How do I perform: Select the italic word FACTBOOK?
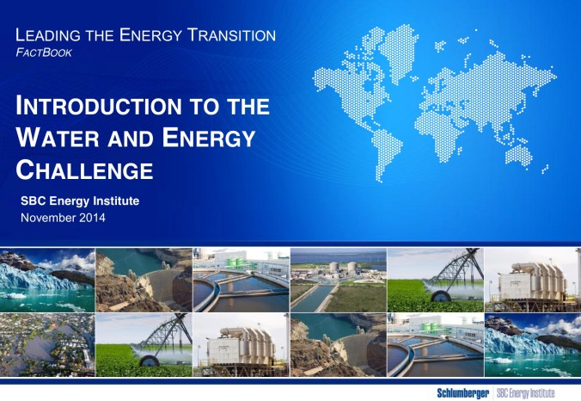pyautogui.click(x=45, y=52)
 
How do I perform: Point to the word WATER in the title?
pyautogui.click(x=56, y=139)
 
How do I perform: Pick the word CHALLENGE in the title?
pyautogui.click(x=85, y=170)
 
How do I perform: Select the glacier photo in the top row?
pyautogui.click(x=47, y=280)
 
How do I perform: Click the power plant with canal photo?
pyautogui.click(x=338, y=280)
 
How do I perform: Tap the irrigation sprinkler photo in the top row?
pyautogui.click(x=435, y=280)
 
